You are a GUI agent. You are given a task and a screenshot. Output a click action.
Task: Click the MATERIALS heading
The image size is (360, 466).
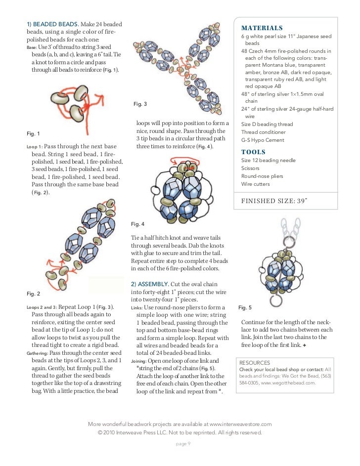262,28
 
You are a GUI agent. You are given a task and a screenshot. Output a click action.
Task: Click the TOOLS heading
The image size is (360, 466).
253,152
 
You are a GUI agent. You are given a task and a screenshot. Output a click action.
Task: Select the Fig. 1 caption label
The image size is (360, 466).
33,133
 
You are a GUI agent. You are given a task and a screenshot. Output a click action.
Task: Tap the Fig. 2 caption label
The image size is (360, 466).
33,294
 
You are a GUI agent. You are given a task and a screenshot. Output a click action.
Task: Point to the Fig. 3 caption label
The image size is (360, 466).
140,104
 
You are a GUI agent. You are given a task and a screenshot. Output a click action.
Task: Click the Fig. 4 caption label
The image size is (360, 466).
138,224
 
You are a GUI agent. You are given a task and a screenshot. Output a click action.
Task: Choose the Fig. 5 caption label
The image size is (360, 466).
245,307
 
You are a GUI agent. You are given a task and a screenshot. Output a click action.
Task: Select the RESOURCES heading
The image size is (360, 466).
254,362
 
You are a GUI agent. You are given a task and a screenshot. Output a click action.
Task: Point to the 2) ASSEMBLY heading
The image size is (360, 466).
153,284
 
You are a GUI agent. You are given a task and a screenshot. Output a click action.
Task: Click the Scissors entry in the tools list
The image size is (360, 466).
250,168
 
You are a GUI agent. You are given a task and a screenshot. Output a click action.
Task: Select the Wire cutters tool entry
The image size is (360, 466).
255,184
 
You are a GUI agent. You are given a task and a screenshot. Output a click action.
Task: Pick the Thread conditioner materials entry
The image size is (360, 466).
263,132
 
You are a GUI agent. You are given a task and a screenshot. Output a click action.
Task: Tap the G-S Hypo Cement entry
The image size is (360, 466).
263,140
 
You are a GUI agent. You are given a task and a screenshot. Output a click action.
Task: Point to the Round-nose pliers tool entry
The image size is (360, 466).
262,176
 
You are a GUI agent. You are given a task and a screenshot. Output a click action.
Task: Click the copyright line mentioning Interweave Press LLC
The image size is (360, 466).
180,432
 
